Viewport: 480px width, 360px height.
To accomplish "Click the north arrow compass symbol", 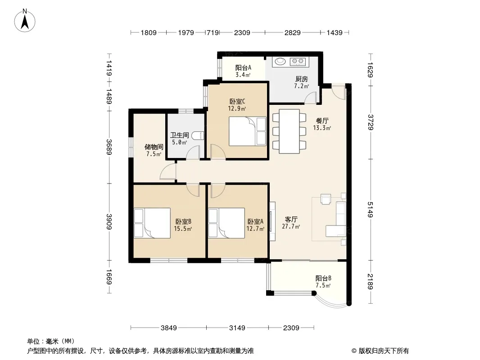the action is click(25, 21).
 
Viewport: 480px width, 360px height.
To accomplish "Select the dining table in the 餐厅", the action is click(289, 131).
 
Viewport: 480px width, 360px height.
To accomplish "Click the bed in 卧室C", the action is click(248, 131).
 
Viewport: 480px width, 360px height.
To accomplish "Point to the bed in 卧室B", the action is click(152, 223).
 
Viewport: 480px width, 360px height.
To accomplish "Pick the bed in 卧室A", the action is click(226, 223).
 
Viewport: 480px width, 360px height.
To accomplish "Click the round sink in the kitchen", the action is click(280, 61).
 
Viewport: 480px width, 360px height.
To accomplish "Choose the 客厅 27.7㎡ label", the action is click(291, 223).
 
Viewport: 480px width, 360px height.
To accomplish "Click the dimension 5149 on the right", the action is click(371, 210).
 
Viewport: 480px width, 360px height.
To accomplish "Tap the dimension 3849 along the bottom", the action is click(169, 328).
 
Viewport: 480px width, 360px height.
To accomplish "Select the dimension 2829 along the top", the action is click(292, 32).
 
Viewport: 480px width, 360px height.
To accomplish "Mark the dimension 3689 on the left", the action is click(109, 147).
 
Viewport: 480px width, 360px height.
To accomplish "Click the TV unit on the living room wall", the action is click(272, 221).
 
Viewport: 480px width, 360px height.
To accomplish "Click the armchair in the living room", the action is click(326, 199).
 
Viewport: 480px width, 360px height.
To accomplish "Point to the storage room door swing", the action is click(168, 171).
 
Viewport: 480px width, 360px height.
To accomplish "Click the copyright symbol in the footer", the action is click(354, 351).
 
